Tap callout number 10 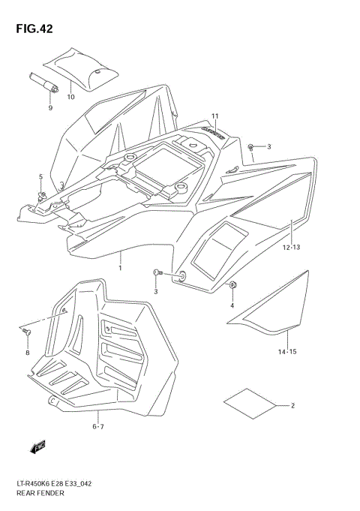[70, 97]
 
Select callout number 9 [50, 108]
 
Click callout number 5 [41, 176]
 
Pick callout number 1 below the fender [120, 266]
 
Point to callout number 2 [292, 406]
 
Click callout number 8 [27, 353]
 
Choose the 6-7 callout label [98, 427]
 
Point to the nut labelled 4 [232, 285]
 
